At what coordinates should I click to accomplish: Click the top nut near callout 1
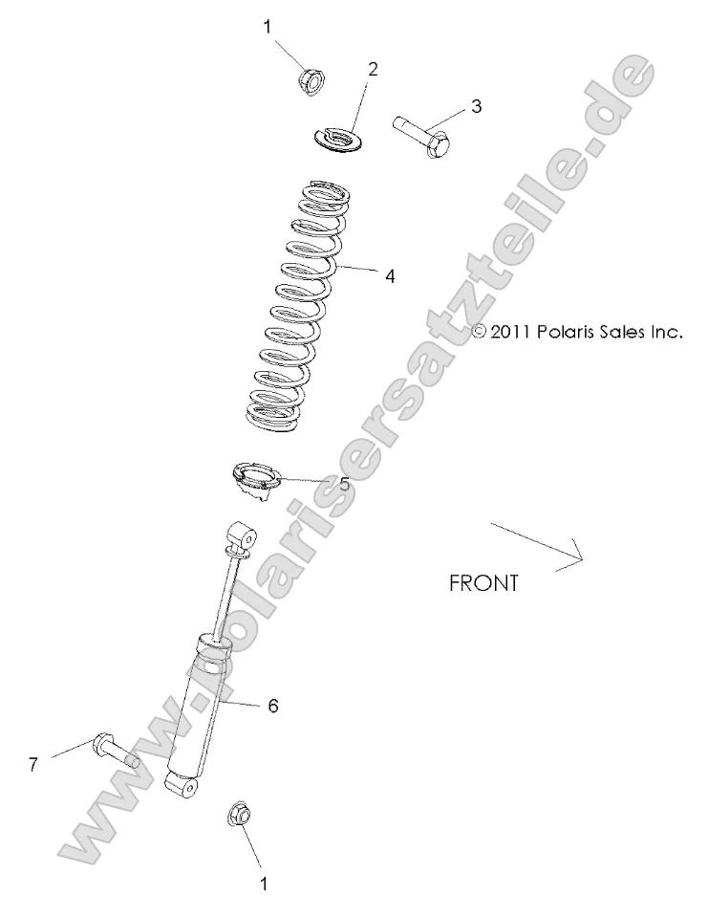311,80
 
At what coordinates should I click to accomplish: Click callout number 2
373,68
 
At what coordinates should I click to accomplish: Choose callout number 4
390,276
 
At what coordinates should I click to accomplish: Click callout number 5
344,484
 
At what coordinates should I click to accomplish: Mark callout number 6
272,706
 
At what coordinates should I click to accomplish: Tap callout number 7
33,765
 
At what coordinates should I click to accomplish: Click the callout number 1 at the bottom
265,884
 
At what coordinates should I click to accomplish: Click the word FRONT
483,583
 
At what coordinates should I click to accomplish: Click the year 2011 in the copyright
512,333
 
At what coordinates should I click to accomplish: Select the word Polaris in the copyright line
569,333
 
